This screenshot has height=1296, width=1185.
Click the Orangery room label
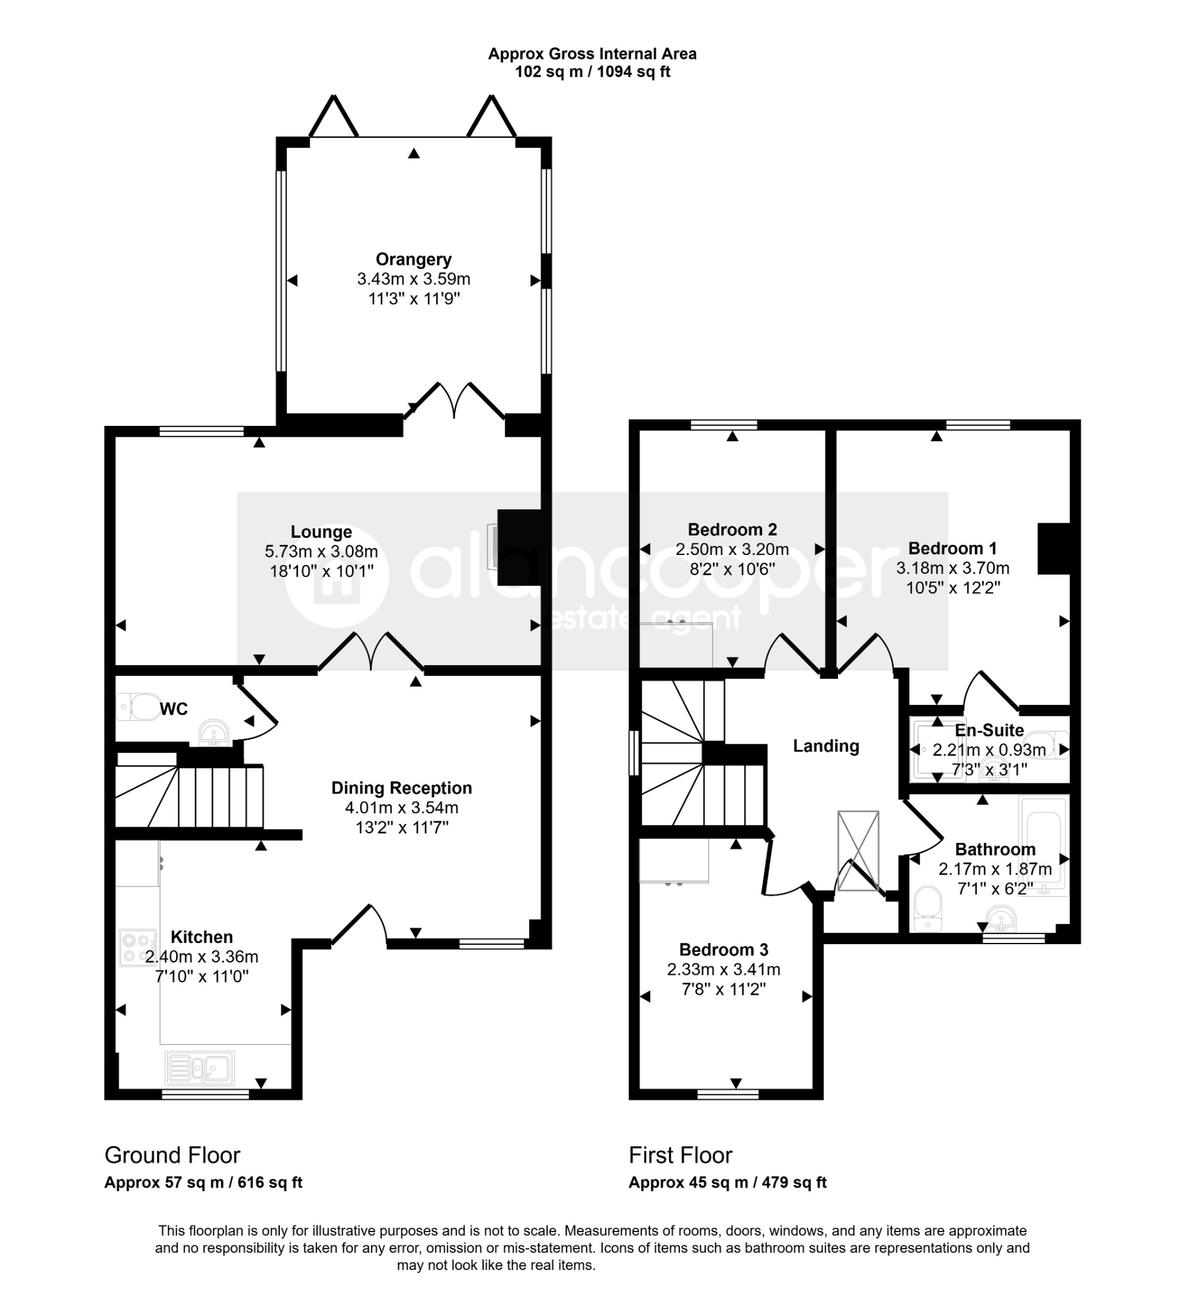[x=413, y=259]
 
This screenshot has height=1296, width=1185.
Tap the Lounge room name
[x=321, y=532]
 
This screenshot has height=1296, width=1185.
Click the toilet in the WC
[x=139, y=706]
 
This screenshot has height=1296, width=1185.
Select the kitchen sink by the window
[x=199, y=1068]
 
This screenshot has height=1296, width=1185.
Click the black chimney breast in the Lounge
[x=520, y=547]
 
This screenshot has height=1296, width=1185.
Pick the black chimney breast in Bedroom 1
[x=1054, y=549]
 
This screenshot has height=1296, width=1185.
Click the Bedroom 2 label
[x=732, y=529]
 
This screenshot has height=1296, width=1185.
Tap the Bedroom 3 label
[x=724, y=949]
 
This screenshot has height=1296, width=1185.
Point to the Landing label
[x=825, y=745]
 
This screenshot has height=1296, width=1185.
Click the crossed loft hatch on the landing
[x=858, y=850]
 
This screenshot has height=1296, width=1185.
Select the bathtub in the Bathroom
[x=1044, y=845]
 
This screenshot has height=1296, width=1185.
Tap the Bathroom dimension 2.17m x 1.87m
[x=995, y=869]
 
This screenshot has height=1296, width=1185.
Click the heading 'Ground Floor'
[x=172, y=1156]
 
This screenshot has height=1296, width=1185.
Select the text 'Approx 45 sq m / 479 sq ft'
[x=727, y=1182]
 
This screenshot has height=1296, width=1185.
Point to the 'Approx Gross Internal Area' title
[x=592, y=54]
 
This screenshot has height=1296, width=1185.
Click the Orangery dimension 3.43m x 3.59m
[x=413, y=279]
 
